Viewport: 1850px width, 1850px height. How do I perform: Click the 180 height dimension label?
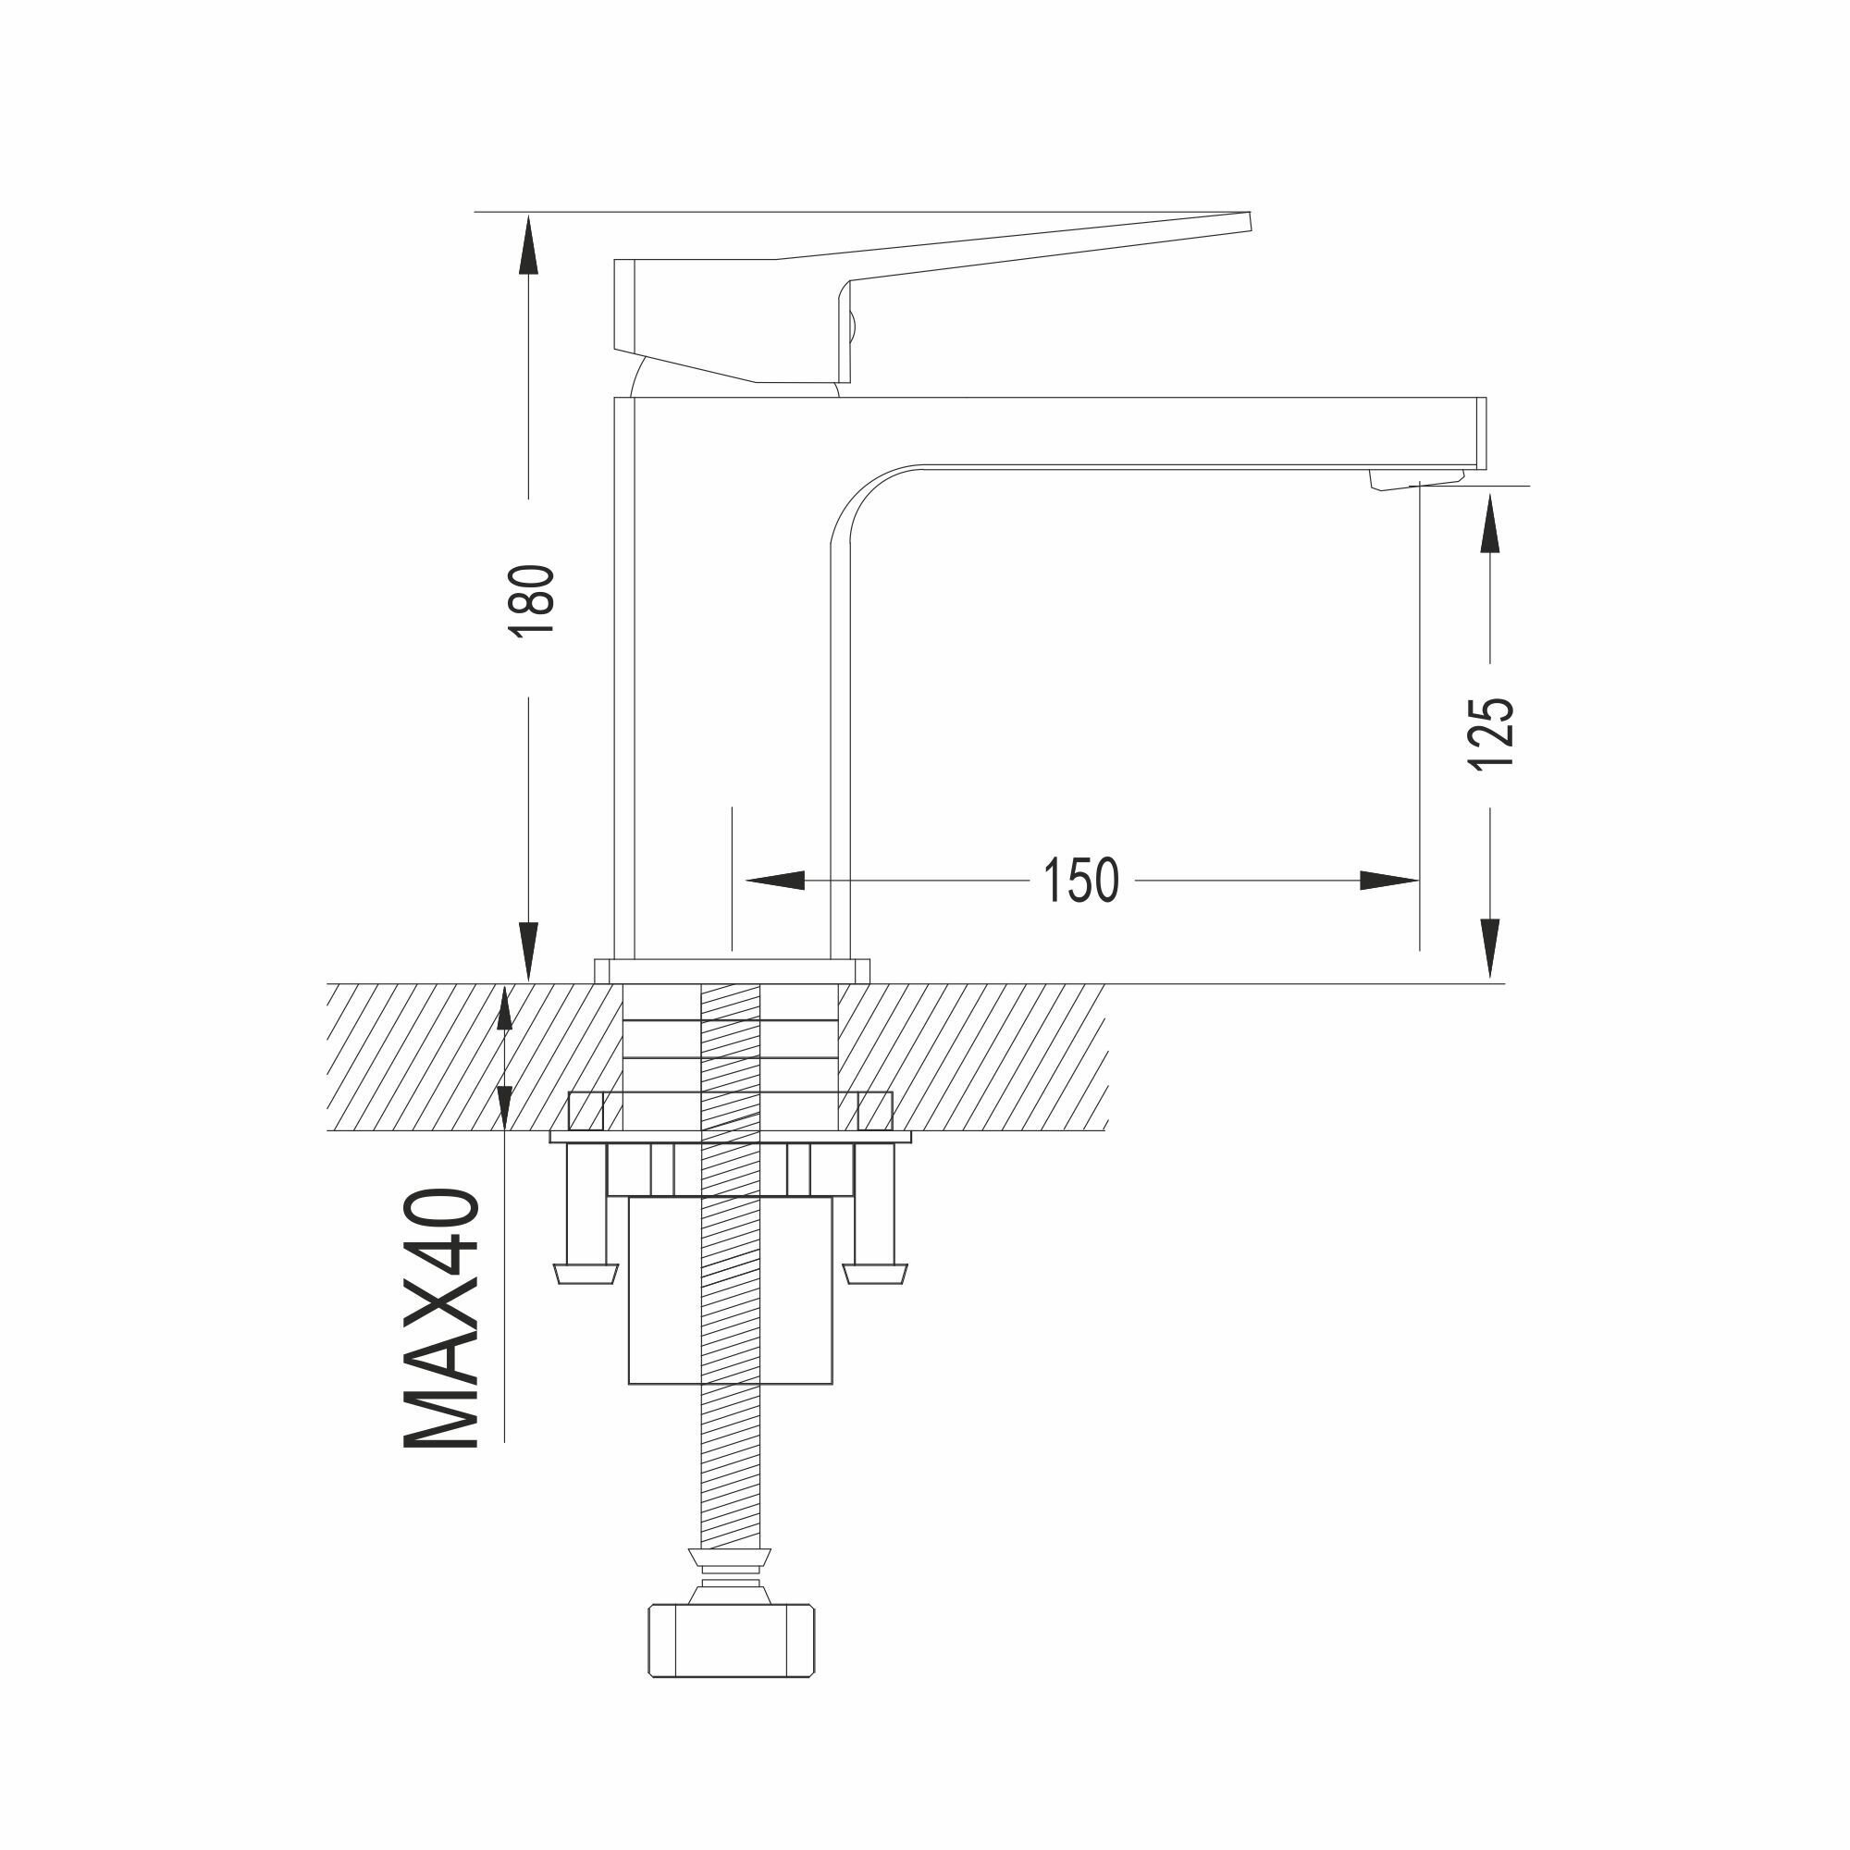[x=532, y=600]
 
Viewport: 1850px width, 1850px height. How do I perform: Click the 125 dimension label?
[x=1491, y=733]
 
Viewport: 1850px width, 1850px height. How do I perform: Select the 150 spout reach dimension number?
[x=1080, y=881]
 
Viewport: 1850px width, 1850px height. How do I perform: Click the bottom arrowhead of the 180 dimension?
[x=527, y=952]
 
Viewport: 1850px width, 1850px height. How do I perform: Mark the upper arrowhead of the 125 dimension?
[x=1489, y=523]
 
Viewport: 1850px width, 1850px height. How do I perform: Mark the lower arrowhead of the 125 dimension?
[x=1489, y=948]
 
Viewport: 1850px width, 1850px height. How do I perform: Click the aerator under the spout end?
[x=1415, y=480]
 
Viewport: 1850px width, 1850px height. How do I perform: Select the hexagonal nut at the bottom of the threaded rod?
[x=732, y=1641]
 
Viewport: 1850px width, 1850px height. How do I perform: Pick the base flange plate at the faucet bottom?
[x=732, y=971]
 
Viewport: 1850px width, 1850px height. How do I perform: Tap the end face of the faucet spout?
[x=1480, y=433]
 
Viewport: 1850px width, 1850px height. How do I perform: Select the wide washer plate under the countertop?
[x=731, y=1137]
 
